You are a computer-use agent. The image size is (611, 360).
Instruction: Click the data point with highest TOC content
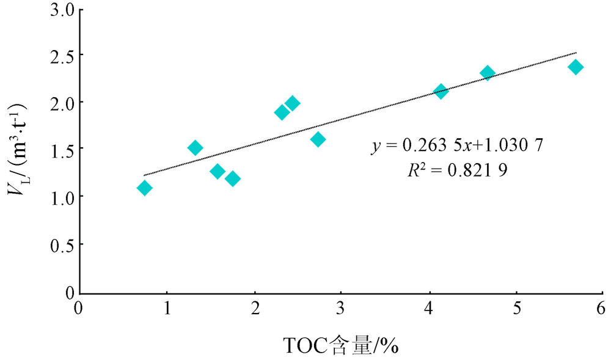click(575, 67)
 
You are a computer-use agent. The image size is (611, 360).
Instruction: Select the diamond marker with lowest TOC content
click(144, 188)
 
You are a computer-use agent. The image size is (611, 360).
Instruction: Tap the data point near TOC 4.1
click(441, 91)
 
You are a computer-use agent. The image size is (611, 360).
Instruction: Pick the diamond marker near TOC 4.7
click(487, 73)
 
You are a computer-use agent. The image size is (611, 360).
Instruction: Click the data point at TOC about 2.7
click(318, 139)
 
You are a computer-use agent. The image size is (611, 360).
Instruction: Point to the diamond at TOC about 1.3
click(195, 148)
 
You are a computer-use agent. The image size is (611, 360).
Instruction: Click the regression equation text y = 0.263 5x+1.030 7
click(458, 146)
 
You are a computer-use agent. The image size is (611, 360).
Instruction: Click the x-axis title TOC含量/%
click(342, 347)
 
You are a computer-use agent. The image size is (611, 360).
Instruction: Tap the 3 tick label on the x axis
click(341, 307)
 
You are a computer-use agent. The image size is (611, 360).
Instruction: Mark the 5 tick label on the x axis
click(517, 307)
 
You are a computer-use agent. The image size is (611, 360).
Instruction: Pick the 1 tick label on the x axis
click(166, 307)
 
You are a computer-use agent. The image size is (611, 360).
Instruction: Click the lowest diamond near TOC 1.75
click(232, 178)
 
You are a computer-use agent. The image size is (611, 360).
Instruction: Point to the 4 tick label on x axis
click(430, 307)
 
